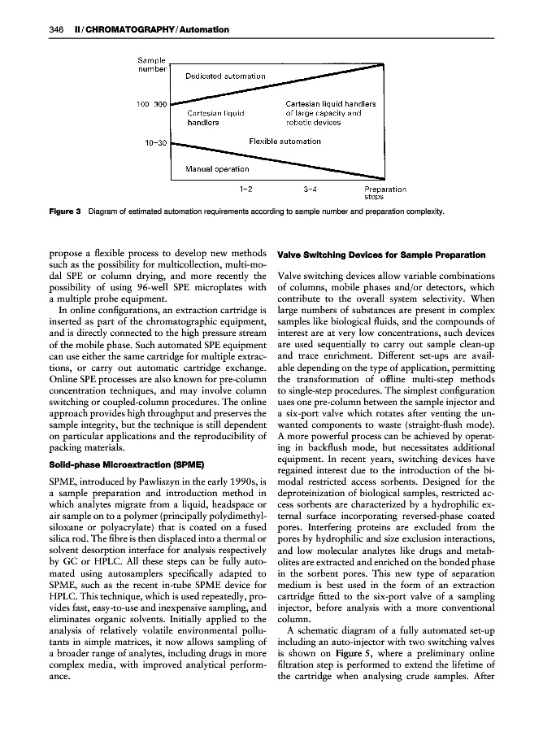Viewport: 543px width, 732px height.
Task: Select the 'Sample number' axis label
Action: coord(150,63)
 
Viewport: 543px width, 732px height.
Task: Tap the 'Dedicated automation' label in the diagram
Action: coord(225,76)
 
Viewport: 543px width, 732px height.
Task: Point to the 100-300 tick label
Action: coord(151,105)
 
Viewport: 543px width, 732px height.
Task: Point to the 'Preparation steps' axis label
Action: coord(384,193)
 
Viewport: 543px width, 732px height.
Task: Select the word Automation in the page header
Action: coord(202,30)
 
